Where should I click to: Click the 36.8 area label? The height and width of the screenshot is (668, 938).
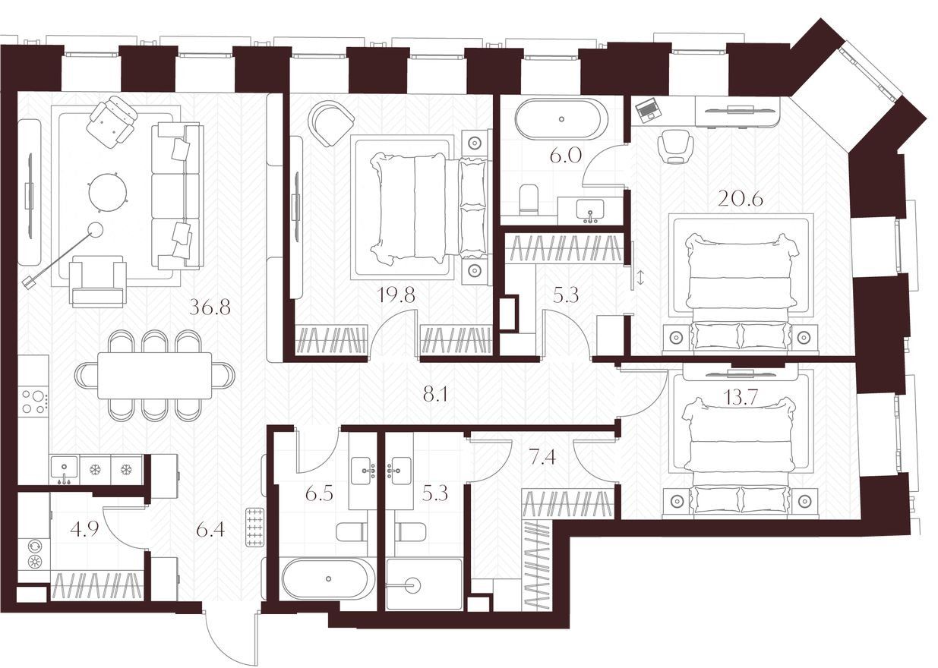tap(210, 307)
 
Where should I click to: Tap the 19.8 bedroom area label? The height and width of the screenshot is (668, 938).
tap(396, 295)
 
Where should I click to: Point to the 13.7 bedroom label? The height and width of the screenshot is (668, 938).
tap(741, 397)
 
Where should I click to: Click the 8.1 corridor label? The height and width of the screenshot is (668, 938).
tap(436, 394)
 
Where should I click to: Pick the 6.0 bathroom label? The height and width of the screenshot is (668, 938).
tap(565, 156)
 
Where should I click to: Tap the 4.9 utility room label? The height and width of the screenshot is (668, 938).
tap(84, 529)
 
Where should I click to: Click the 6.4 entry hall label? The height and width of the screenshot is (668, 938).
tap(210, 530)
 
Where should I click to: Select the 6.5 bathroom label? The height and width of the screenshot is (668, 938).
tap(319, 494)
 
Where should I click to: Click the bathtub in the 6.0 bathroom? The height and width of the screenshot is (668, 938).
tap(561, 119)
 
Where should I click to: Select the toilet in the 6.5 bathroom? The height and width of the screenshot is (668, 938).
tap(352, 532)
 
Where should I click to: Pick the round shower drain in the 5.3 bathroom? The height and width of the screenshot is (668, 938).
tap(412, 584)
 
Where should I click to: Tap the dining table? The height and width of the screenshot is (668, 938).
tap(155, 376)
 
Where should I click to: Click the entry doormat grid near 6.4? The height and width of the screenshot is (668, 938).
tap(255, 527)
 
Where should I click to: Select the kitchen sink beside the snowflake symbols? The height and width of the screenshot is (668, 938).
tap(64, 470)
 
